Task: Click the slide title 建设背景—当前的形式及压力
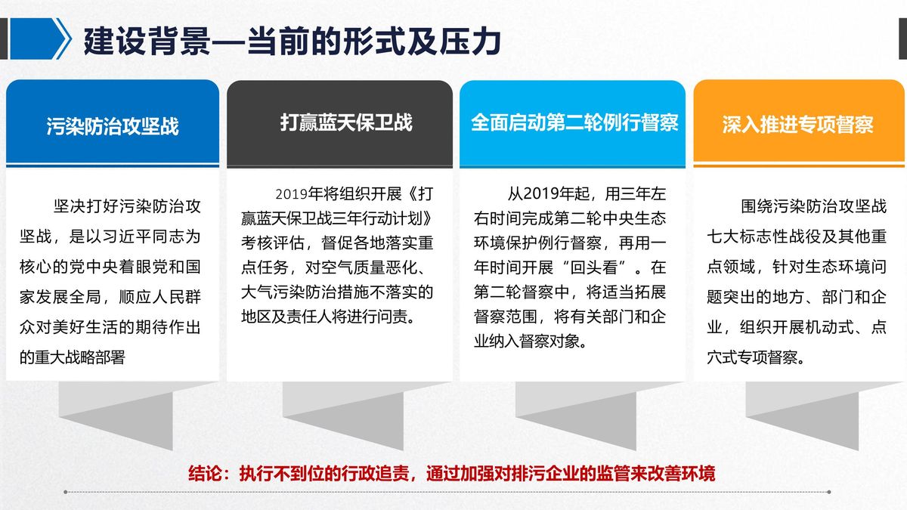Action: pyautogui.click(x=293, y=41)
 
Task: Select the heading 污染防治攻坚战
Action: pyautogui.click(x=113, y=126)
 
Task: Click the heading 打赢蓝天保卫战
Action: pyautogui.click(x=346, y=122)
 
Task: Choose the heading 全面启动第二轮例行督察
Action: pyautogui.click(x=574, y=122)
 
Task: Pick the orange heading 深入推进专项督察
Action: pyautogui.click(x=797, y=124)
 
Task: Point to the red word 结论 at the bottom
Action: pyautogui.click(x=205, y=474)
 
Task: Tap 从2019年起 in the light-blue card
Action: pyautogui.click(x=548, y=194)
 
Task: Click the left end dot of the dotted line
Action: pyautogui.click(x=66, y=492)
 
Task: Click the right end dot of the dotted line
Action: pyautogui.click(x=829, y=492)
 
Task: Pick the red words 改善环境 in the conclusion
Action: pyautogui.click(x=682, y=474)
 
